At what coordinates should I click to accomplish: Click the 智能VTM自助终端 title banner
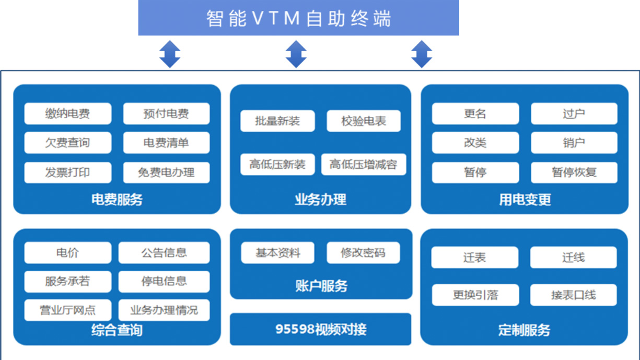(x=298, y=18)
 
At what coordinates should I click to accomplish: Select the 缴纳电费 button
(x=67, y=113)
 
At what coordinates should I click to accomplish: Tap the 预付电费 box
(x=166, y=113)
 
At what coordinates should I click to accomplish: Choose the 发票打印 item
(x=67, y=172)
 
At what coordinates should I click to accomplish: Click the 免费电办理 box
(x=166, y=172)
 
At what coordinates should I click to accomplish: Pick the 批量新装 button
(x=277, y=121)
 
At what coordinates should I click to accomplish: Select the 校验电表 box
(x=364, y=121)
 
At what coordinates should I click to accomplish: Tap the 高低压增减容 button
(x=364, y=165)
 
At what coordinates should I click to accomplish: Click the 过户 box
(x=574, y=113)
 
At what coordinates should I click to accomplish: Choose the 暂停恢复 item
(x=574, y=172)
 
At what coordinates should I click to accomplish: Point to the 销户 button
(x=574, y=143)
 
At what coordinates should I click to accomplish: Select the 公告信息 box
(x=164, y=253)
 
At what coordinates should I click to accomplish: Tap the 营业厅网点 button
(x=67, y=310)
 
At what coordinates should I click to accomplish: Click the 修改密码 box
(x=363, y=253)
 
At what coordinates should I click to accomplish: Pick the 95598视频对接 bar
(x=321, y=329)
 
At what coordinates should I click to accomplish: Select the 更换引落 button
(x=475, y=295)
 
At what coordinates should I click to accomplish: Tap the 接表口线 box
(x=573, y=295)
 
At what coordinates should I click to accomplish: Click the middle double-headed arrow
(x=296, y=54)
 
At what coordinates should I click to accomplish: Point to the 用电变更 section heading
(x=525, y=200)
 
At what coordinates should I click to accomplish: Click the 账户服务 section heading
(x=321, y=286)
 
